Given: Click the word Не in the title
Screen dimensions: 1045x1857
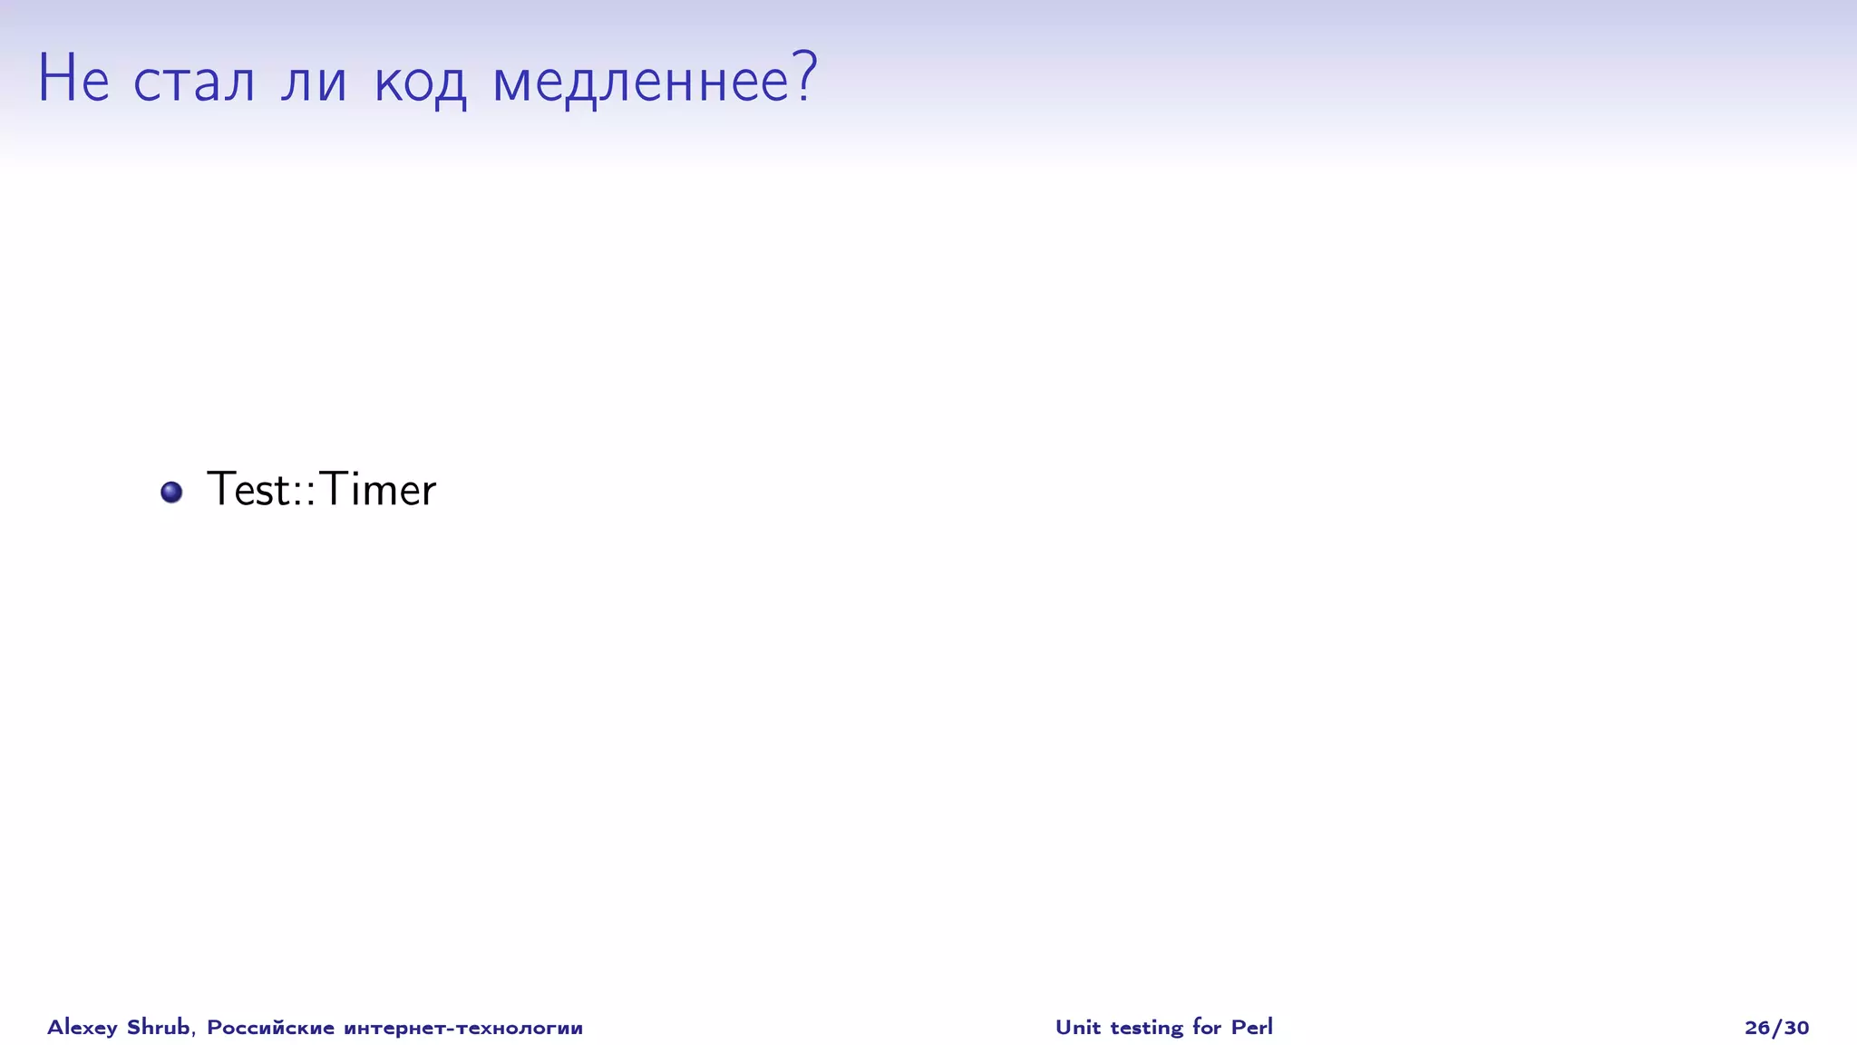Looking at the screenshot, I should click(x=73, y=79).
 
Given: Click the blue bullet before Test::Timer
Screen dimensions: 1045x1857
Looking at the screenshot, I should click(x=171, y=492).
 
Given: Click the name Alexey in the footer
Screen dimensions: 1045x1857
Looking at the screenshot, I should click(x=83, y=1028).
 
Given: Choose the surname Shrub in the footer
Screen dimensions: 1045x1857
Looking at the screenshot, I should click(x=159, y=1027).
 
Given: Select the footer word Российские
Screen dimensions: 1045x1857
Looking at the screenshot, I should click(x=270, y=1027).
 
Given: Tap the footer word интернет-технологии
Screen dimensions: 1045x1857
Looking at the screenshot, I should click(x=463, y=1028).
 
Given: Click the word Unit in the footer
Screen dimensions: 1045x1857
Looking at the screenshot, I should click(x=1077, y=1027).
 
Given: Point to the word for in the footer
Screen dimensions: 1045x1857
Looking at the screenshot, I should click(x=1207, y=1027).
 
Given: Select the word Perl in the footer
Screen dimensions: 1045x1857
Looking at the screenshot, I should click(x=1252, y=1027).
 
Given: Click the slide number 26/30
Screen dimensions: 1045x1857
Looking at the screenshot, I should click(x=1776, y=1028).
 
